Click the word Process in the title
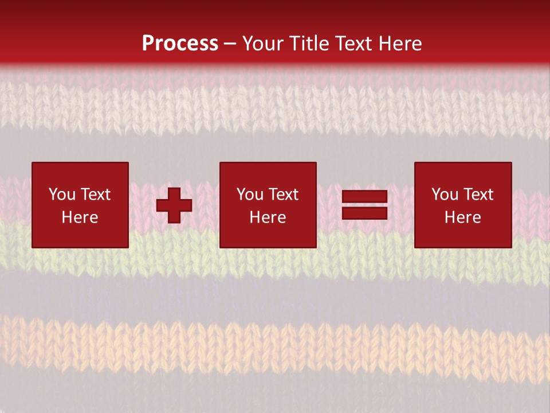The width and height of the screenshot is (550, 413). pyautogui.click(x=180, y=44)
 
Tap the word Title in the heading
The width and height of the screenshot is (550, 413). pyautogui.click(x=308, y=44)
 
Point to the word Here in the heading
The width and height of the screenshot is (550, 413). pyautogui.click(x=400, y=44)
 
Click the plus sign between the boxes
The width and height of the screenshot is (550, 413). pyautogui.click(x=174, y=205)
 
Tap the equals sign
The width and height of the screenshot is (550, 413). pyautogui.click(x=365, y=205)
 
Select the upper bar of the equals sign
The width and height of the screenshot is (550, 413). pyautogui.click(x=365, y=197)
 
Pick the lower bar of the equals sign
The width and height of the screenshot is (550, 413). pyautogui.click(x=365, y=213)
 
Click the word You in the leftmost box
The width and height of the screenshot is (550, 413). pyautogui.click(x=62, y=194)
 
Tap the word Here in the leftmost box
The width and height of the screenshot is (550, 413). pyautogui.click(x=80, y=217)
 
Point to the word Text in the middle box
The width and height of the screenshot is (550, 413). pyautogui.click(x=283, y=194)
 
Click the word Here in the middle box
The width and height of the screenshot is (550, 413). pyautogui.click(x=268, y=217)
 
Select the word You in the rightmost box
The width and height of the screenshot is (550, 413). pyautogui.click(x=445, y=194)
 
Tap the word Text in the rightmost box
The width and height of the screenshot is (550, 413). pyautogui.click(x=478, y=194)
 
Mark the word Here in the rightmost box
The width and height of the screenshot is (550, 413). pyautogui.click(x=463, y=217)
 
